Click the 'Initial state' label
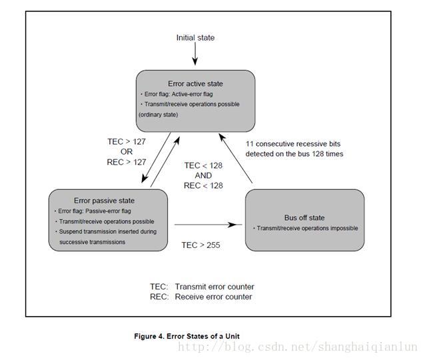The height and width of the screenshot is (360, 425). click(195, 37)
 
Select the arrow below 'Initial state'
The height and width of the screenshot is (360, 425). click(195, 57)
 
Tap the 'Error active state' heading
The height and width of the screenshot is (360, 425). click(195, 83)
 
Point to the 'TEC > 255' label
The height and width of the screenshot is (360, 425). click(201, 245)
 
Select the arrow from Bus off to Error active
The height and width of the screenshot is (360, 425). click(238, 157)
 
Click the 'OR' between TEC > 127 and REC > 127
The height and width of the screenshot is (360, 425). click(127, 151)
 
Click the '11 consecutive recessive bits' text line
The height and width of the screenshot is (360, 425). click(292, 144)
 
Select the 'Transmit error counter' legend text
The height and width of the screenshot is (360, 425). click(214, 287)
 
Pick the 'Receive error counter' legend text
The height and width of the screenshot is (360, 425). click(213, 297)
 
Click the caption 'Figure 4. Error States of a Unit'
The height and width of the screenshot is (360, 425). click(192, 335)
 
